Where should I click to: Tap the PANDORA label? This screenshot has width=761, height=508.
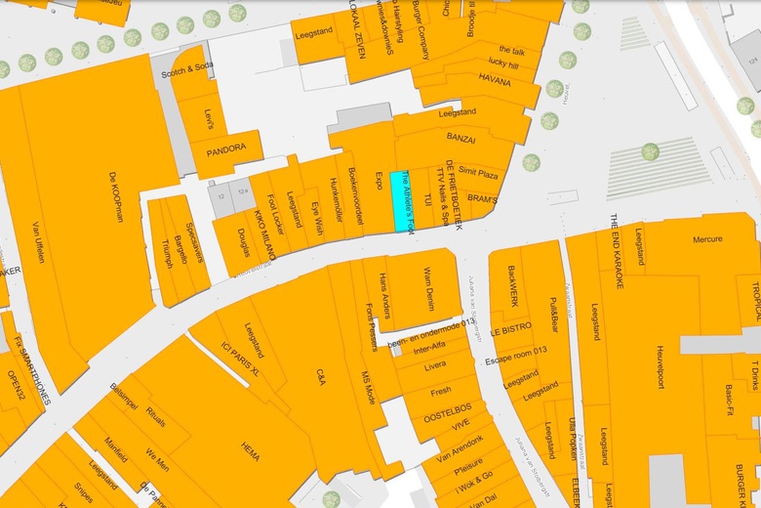click(225, 148)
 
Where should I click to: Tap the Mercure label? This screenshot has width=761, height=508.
click(707, 239)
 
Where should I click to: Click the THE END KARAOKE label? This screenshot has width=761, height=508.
click(616, 252)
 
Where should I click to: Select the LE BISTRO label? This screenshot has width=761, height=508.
click(511, 329)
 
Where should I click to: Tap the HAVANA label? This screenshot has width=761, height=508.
click(495, 81)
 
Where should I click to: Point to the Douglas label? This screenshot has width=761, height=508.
click(243, 244)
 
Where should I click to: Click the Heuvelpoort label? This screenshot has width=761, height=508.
click(660, 365)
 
